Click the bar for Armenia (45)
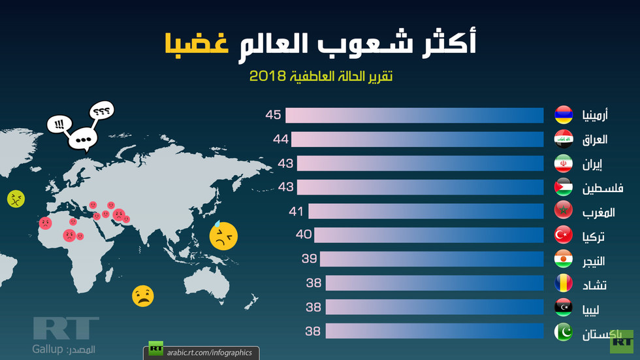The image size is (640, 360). click(x=414, y=115)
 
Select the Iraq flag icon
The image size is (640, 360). click(x=564, y=139)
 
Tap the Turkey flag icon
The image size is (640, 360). click(x=564, y=235)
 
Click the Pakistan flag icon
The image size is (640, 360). click(x=564, y=332)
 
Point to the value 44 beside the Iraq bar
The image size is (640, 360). click(x=281, y=139)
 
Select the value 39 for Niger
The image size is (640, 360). click(x=309, y=259)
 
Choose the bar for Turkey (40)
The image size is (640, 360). click(x=428, y=235)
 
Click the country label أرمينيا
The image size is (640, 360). click(x=594, y=115)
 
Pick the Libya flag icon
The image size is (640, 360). click(x=564, y=308)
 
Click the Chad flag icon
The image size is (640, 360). click(x=564, y=284)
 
